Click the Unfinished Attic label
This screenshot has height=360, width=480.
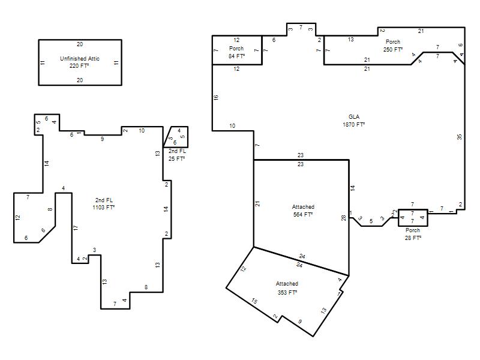[x=80, y=58]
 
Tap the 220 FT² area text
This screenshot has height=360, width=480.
[x=79, y=66]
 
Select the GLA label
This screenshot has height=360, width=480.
[x=354, y=116]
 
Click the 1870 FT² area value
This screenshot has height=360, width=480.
[x=354, y=125]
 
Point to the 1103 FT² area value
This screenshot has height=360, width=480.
[x=103, y=207]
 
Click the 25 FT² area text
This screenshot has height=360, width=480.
[x=176, y=158]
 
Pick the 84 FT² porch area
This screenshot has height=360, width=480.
[x=236, y=56]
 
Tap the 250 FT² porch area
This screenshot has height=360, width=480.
[x=393, y=49]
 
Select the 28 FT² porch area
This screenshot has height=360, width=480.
[x=413, y=238]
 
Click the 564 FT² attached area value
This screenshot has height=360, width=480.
[x=303, y=215]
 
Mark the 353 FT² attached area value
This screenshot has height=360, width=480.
[x=287, y=292]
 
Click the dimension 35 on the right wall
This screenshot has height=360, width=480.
[x=460, y=137]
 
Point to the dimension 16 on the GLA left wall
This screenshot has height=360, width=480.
[x=216, y=97]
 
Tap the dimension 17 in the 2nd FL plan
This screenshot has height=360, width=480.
[x=76, y=228]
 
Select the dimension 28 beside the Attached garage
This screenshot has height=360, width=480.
[x=343, y=218]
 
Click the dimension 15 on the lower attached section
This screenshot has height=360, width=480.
[x=254, y=301]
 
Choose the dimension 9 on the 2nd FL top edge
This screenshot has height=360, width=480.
[x=102, y=139]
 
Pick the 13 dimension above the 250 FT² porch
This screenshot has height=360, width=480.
[x=351, y=40]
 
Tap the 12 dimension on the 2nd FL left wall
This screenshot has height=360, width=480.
[x=18, y=217]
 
